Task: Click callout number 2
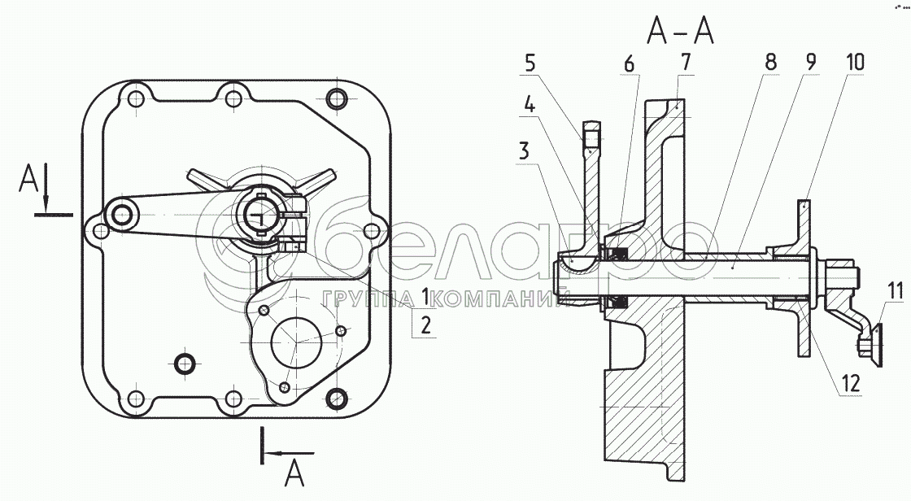point(425,325)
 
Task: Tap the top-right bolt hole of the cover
point(334,98)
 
